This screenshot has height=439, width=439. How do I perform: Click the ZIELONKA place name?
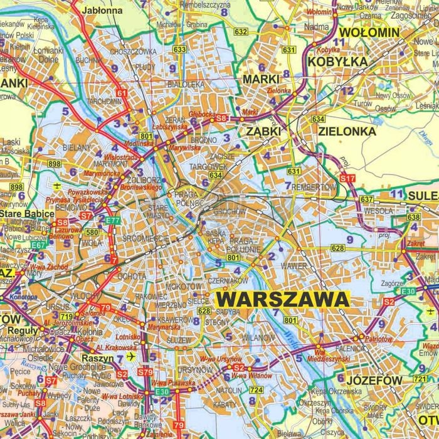(347, 131)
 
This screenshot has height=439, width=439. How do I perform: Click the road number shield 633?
(180, 49)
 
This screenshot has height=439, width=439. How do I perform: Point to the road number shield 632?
(240, 31)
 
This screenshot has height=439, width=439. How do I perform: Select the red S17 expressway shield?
(347, 179)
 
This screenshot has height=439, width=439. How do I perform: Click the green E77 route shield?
(113, 220)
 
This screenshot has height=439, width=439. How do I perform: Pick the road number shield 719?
(66, 316)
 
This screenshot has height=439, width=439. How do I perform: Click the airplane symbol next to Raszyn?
(131, 356)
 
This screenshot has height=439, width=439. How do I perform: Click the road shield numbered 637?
(366, 199)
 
